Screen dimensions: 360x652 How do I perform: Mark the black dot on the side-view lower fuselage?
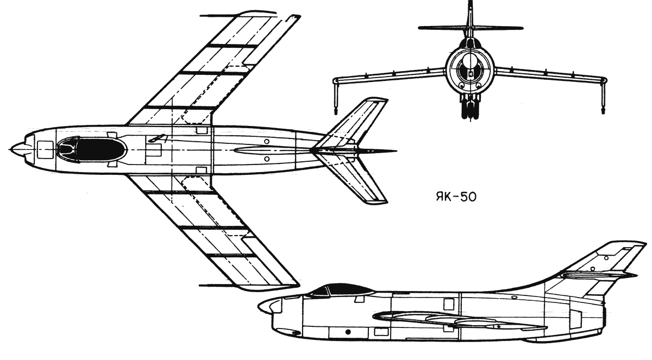tap(348, 331)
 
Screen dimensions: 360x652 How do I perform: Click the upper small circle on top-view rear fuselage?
tap(267, 142)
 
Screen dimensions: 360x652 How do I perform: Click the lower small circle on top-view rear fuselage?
tap(267, 159)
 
